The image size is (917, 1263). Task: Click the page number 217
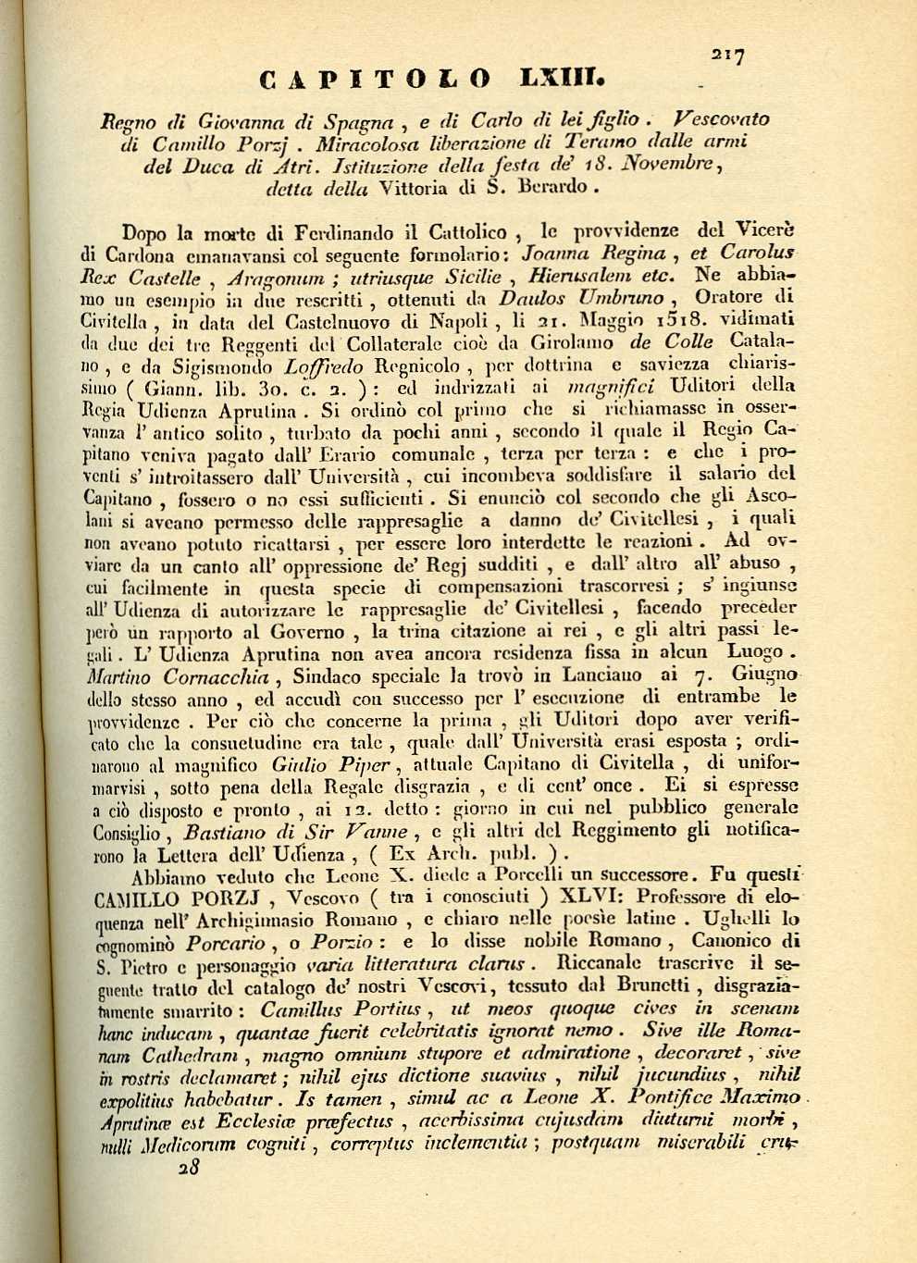pos(728,57)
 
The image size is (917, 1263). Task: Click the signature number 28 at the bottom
pos(190,1167)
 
